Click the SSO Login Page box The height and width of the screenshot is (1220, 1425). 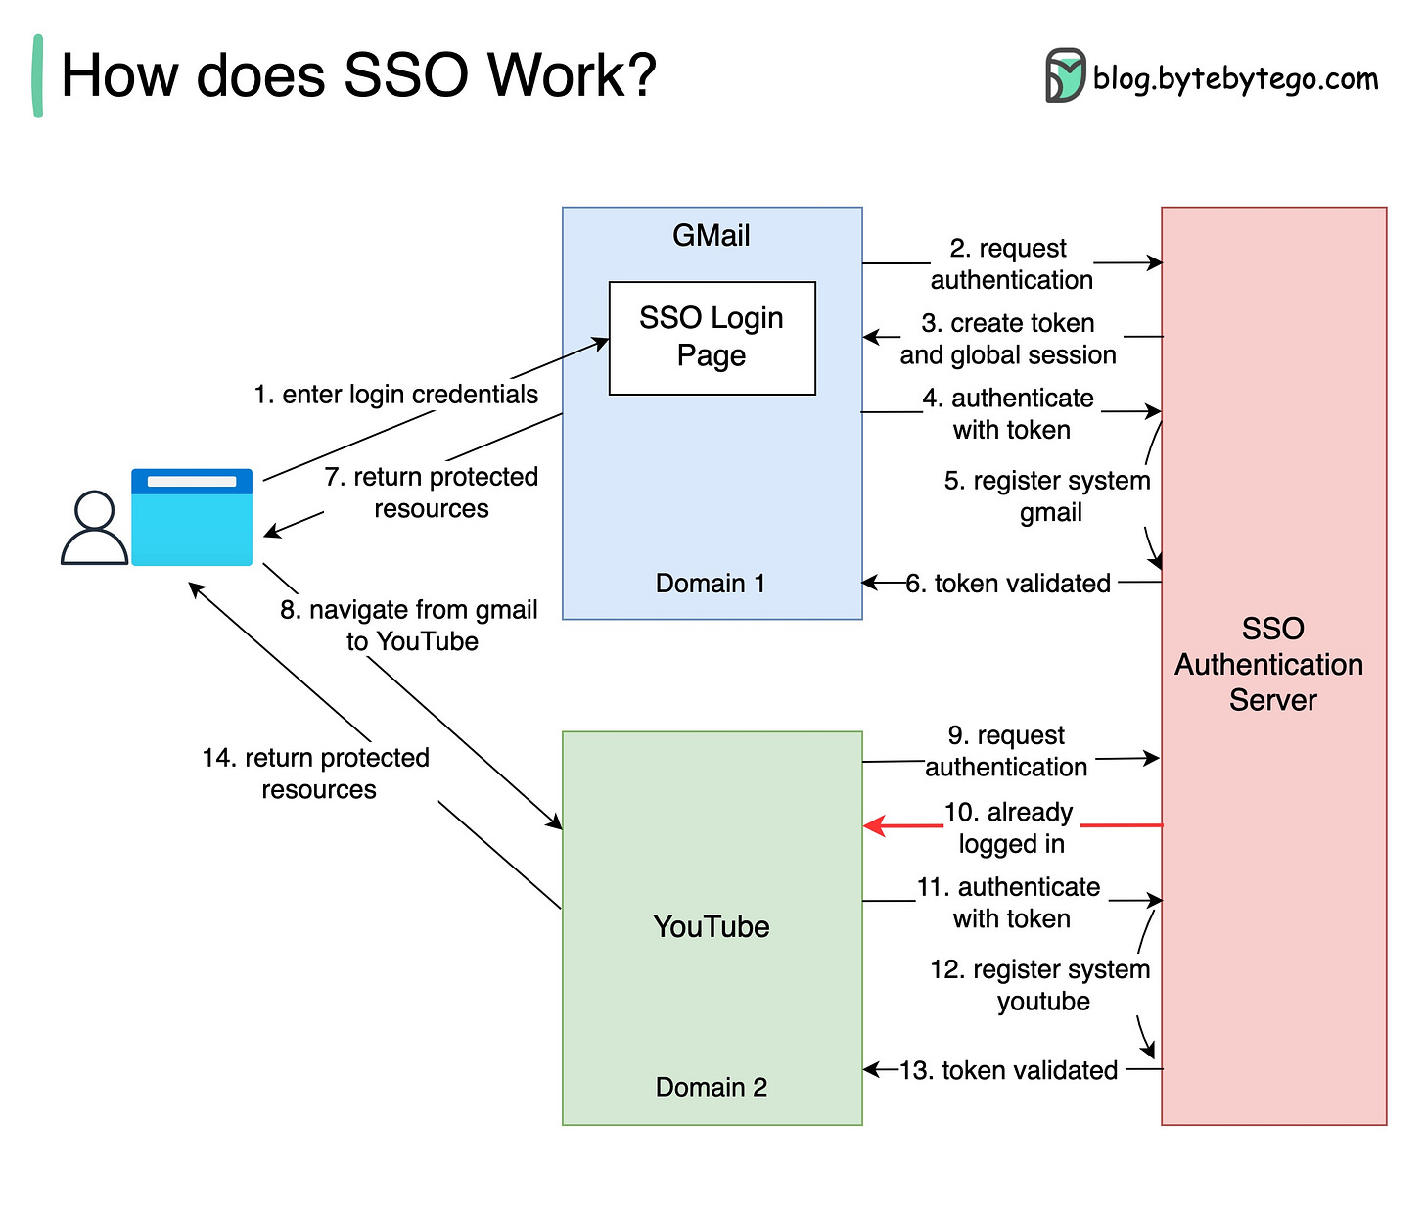tap(712, 338)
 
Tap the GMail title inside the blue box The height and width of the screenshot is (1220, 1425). tap(711, 236)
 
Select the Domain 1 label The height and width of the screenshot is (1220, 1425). tap(711, 584)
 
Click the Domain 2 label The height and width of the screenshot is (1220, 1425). tap(711, 1087)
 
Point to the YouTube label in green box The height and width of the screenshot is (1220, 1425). tap(711, 926)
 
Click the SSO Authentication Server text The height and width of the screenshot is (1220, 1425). tap(1271, 664)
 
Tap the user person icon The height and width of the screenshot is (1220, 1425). tap(94, 528)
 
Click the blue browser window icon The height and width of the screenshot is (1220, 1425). tap(192, 517)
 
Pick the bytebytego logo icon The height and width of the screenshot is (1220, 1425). tap(1065, 76)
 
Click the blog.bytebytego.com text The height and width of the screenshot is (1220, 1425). tap(1235, 78)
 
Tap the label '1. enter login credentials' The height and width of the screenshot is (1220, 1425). tap(395, 395)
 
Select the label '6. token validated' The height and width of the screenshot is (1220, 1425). tap(1008, 584)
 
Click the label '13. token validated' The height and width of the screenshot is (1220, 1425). tap(1008, 1070)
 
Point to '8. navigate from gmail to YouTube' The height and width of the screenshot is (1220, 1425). tap(409, 626)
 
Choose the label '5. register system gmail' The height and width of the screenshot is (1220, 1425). tap(1047, 496)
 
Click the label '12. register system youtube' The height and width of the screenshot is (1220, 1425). tap(1040, 985)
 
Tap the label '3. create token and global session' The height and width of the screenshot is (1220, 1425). tap(1008, 339)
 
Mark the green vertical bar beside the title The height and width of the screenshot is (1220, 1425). tap(38, 76)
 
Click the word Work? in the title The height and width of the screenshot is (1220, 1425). tap(572, 75)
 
